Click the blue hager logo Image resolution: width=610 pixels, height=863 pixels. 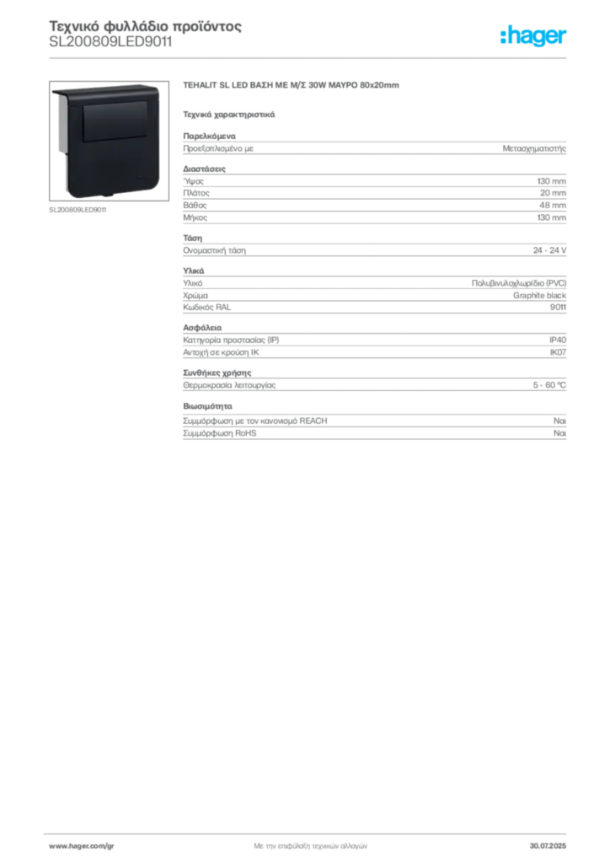535,37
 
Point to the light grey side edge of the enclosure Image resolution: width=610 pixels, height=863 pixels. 61,143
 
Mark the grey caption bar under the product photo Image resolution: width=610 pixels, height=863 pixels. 77,210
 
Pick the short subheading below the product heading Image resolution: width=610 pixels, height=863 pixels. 228,113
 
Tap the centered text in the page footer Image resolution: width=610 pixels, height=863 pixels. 308,844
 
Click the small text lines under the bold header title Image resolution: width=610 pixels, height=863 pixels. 110,47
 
